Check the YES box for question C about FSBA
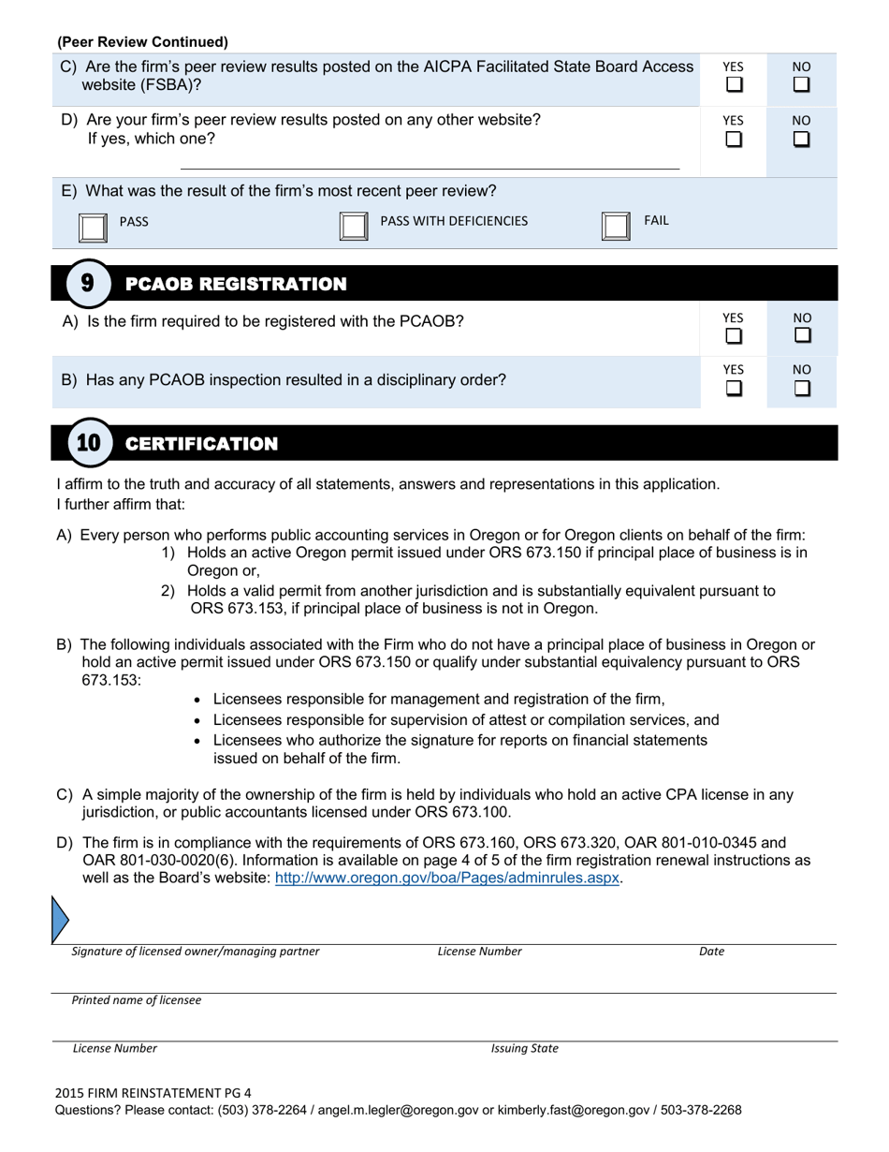735,85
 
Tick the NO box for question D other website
801,140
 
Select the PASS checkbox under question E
93,227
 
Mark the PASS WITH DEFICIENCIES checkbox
353,226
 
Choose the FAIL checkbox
615,226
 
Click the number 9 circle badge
87,283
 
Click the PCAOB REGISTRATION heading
236,284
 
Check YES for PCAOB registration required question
735,335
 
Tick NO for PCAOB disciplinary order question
802,388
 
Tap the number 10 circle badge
88,443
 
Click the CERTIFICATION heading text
201,444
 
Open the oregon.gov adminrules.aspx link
446,879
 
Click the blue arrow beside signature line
60,919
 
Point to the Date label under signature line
711,952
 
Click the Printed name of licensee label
137,1000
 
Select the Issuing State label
524,1049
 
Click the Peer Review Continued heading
142,42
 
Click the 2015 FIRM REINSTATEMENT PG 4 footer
153,1092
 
